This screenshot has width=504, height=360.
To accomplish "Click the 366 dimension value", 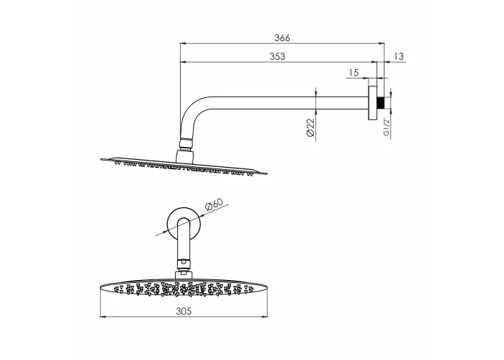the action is [282, 38].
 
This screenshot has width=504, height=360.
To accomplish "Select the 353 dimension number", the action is [277, 56].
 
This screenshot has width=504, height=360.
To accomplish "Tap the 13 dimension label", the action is [399, 56].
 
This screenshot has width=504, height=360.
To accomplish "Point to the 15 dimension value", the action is [354, 73].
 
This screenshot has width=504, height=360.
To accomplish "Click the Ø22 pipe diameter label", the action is [310, 127].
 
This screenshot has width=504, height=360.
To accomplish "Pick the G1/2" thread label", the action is [387, 127].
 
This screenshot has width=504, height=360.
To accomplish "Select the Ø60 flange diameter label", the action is [214, 204].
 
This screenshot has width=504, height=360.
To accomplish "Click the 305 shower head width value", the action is [184, 311].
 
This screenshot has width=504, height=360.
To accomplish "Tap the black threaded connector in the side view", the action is [381, 102].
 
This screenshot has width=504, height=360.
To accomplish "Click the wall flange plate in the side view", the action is [373, 103].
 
